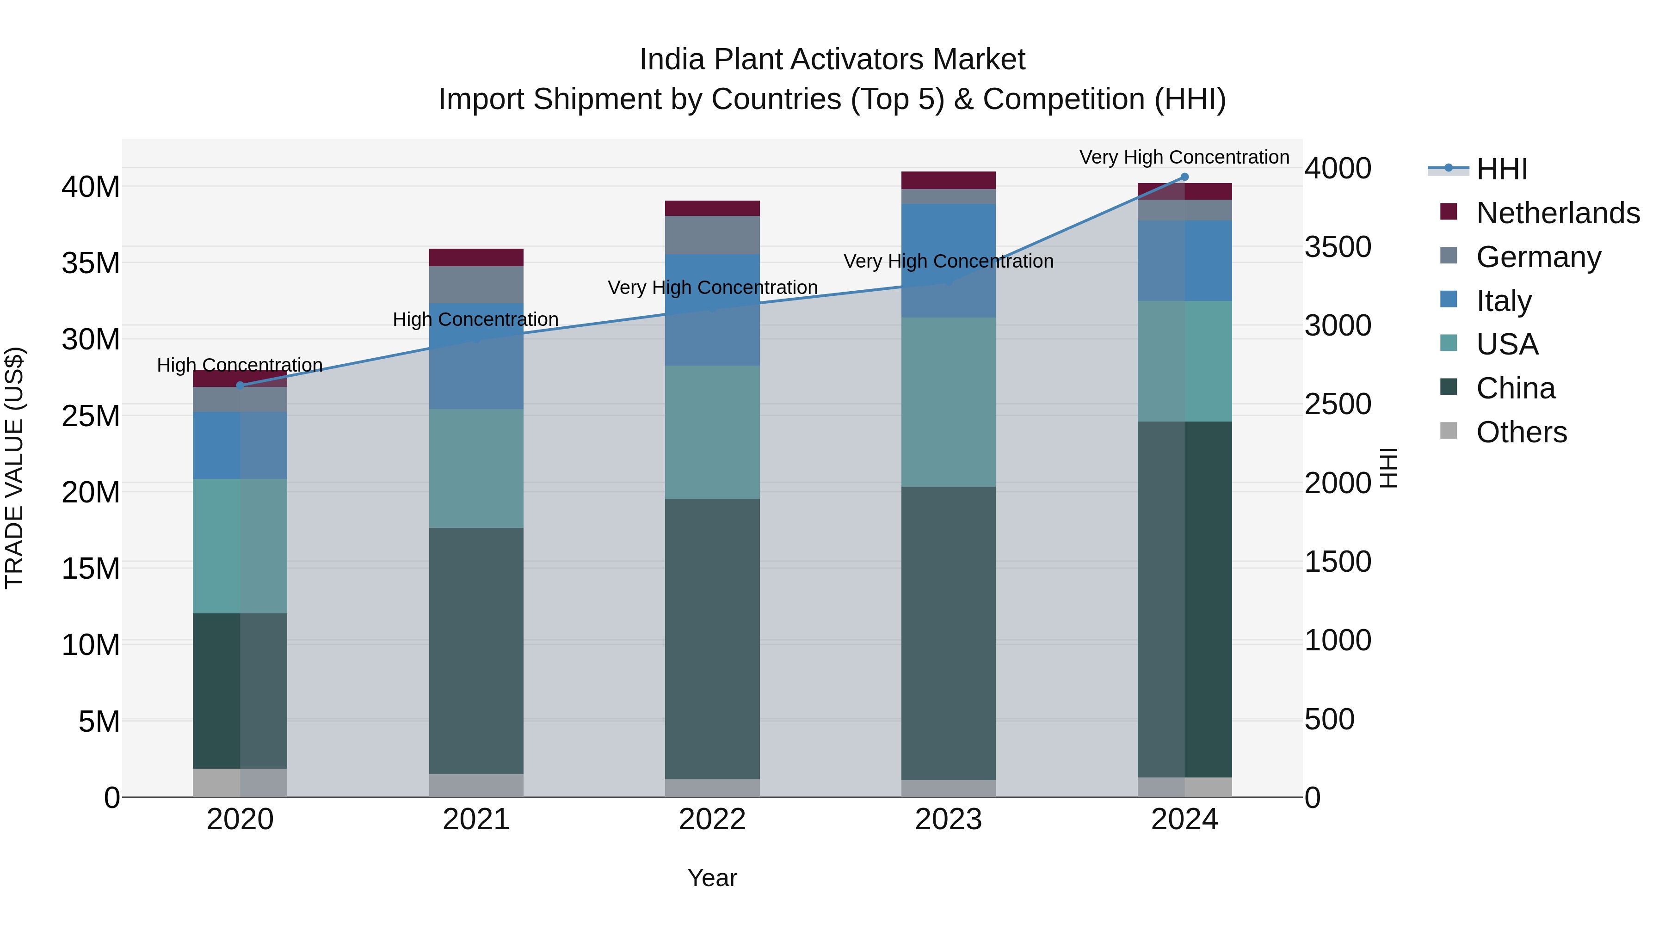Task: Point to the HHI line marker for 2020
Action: (x=240, y=385)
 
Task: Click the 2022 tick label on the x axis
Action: (x=712, y=820)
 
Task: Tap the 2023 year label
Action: (x=948, y=820)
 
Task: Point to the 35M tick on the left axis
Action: (x=91, y=263)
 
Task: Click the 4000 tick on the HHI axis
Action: (x=1337, y=169)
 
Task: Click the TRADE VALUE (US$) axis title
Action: (x=14, y=468)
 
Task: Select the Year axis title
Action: (x=712, y=878)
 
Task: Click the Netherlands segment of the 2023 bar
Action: (x=948, y=180)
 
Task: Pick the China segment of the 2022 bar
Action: (x=712, y=638)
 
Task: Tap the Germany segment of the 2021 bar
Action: (x=476, y=285)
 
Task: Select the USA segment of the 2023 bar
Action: (x=948, y=402)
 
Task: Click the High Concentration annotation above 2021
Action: (x=476, y=320)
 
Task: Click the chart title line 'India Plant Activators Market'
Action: (x=832, y=60)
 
